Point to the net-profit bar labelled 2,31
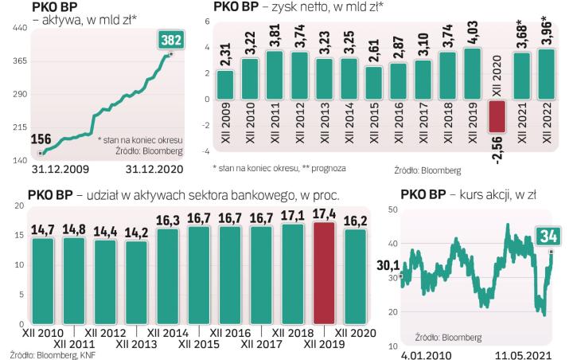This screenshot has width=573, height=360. tap(225, 82)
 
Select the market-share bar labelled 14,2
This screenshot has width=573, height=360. tap(137, 282)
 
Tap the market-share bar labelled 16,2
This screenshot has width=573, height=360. tap(355, 276)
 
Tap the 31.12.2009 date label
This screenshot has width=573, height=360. tap(60, 169)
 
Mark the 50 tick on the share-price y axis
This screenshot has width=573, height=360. tap(392, 209)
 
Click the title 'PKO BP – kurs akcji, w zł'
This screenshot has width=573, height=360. tap(466, 193)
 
